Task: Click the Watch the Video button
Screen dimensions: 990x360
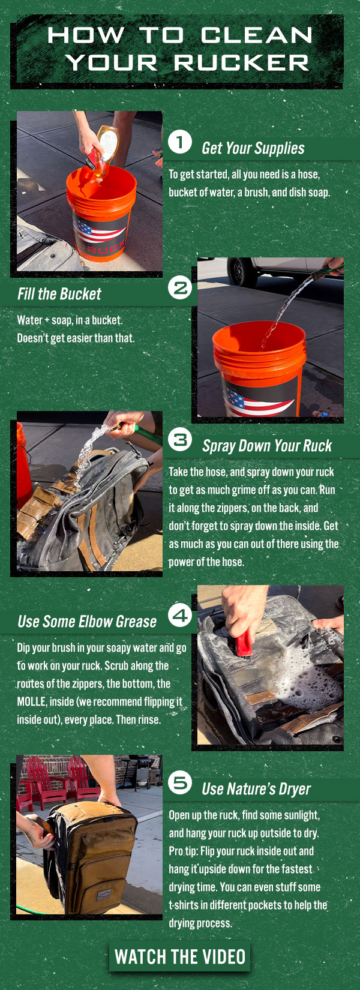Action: pos(180,956)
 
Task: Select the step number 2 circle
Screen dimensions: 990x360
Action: pos(180,288)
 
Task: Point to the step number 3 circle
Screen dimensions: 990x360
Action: pos(179,440)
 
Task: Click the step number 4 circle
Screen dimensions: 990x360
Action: pos(180,615)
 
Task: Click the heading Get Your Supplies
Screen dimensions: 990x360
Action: pos(253,148)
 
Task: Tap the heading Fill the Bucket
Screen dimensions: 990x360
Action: pos(59,294)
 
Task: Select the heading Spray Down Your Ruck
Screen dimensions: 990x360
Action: pos(266,446)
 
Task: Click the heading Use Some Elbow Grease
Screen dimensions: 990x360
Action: pos(87,622)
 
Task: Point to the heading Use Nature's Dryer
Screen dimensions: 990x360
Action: pos(256,789)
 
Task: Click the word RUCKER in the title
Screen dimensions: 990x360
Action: pos(241,62)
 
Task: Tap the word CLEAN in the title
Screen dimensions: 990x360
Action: pos(256,35)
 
